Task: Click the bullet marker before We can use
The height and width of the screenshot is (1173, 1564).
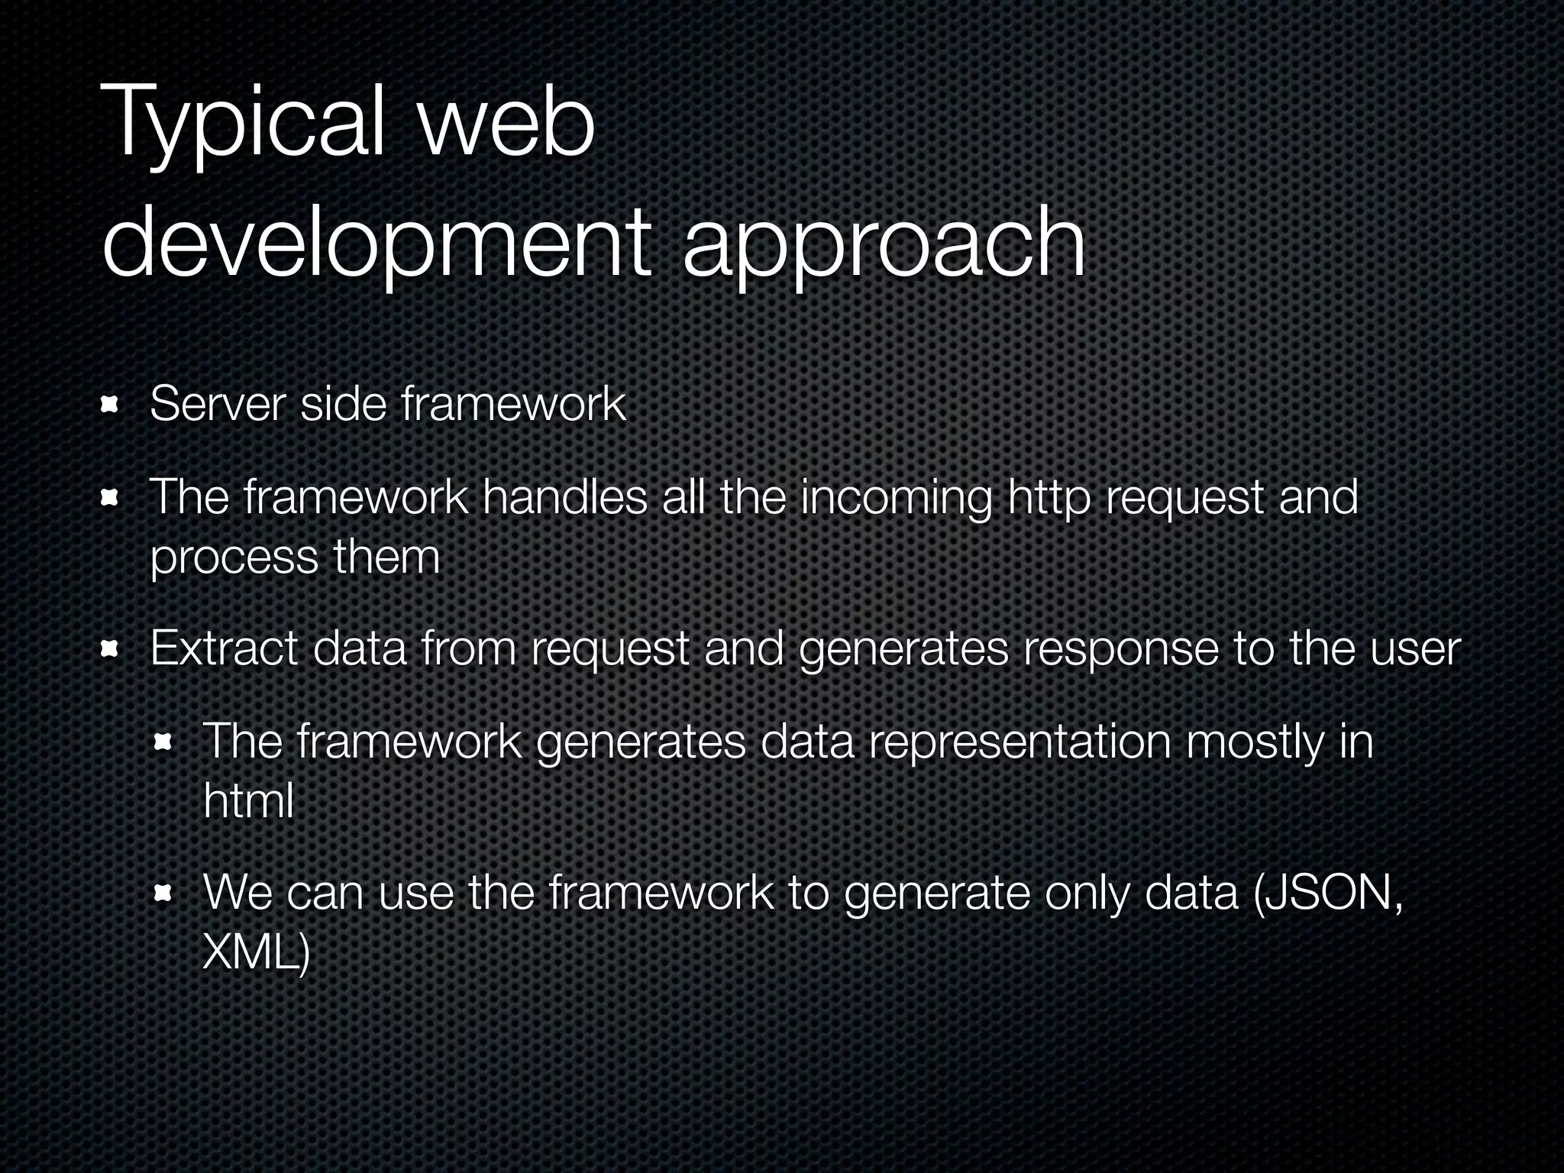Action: click(163, 893)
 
